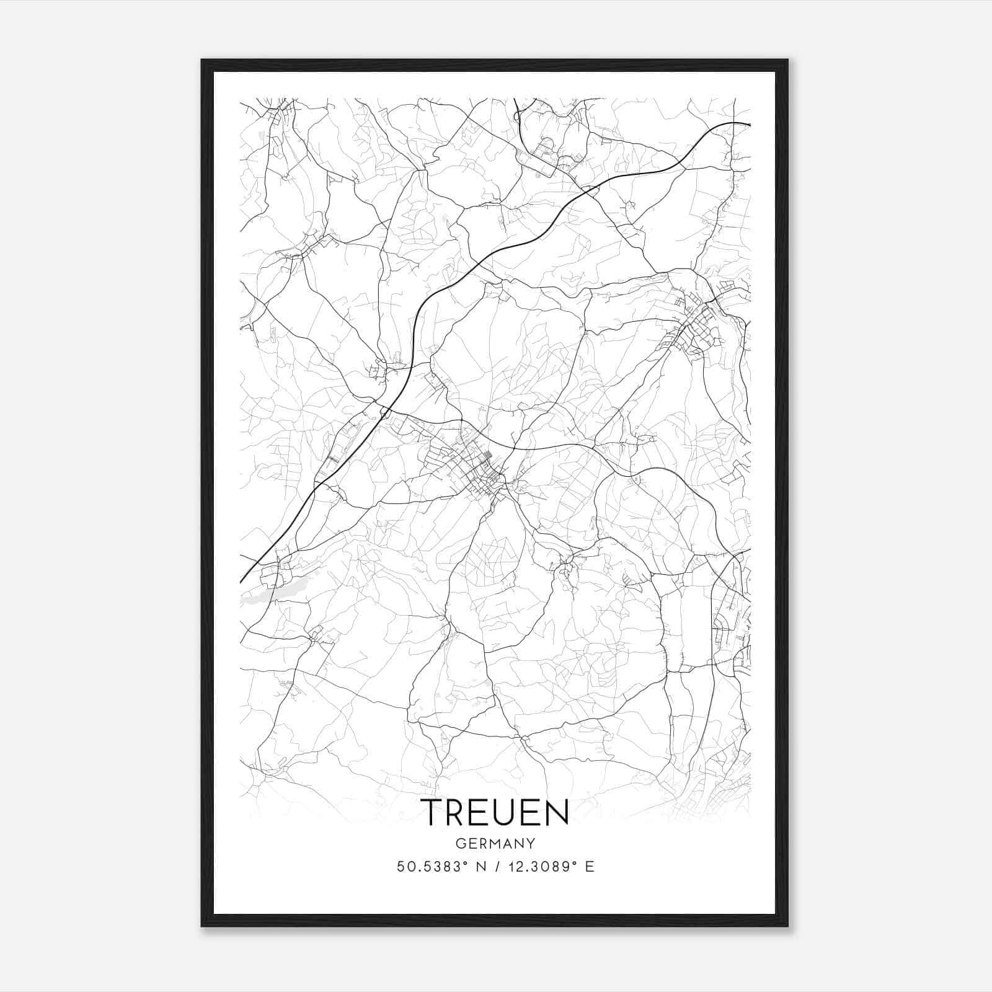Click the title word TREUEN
click(495, 812)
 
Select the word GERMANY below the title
click(495, 843)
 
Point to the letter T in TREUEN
click(431, 812)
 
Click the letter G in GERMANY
click(459, 843)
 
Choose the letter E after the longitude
click(590, 867)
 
